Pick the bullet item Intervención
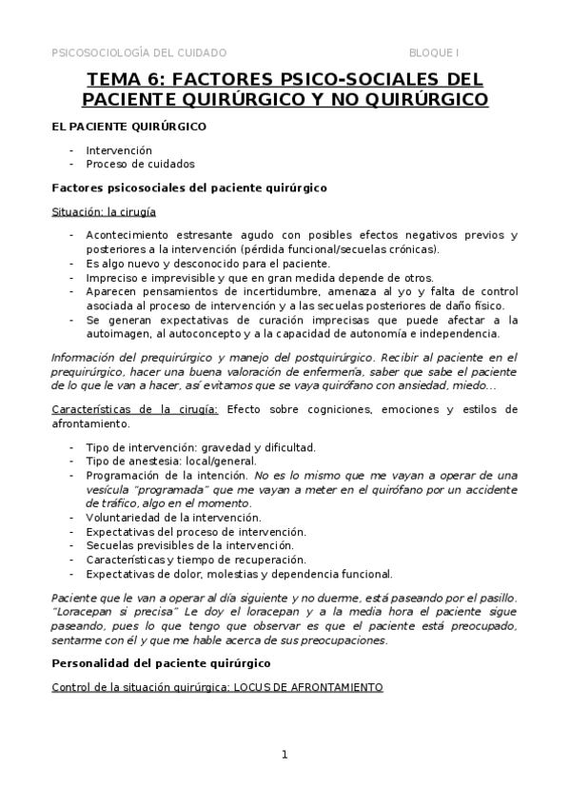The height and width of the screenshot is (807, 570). click(118, 150)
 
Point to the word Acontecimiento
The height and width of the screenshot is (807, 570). click(128, 235)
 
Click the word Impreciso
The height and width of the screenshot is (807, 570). click(113, 277)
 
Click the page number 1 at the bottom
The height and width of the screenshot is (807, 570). click(284, 755)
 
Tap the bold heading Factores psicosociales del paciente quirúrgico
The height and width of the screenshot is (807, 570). click(188, 187)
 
